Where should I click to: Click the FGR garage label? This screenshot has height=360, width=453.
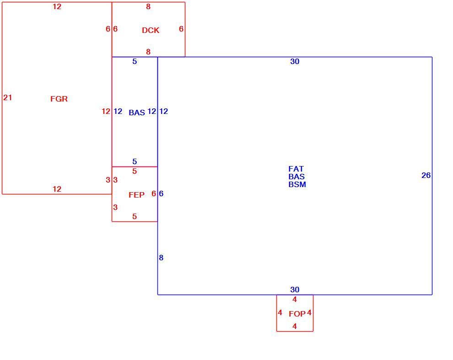pos(59,99)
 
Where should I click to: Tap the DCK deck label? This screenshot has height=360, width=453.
pos(151,30)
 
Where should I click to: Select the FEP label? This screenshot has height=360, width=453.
pos(136,195)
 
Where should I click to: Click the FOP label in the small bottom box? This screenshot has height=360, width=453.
pos(297,314)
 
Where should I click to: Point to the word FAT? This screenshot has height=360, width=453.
pos(296,169)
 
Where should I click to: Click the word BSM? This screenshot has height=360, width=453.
pos(297,184)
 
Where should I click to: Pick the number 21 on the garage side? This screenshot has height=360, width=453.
pos(7,97)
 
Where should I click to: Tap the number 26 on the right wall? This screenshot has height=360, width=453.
pos(426,175)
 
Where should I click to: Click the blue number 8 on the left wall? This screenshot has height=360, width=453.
pos(161,258)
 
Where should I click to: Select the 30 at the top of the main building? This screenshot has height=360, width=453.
pos(295,61)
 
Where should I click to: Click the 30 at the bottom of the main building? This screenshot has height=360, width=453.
pos(295,290)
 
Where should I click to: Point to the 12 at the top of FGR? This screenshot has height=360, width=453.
pos(57,6)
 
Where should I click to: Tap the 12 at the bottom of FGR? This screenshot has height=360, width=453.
pos(57,189)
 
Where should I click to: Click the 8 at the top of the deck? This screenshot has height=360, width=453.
pos(148,6)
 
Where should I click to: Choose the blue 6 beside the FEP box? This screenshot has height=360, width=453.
pos(161,193)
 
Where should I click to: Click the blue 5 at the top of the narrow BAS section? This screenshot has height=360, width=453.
pos(135,61)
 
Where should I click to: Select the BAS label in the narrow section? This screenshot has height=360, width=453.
pos(137,113)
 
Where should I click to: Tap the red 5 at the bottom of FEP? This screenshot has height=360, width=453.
pos(135,216)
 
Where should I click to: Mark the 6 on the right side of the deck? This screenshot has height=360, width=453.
pos(181,29)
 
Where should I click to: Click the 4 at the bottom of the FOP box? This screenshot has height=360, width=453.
pos(294,326)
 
